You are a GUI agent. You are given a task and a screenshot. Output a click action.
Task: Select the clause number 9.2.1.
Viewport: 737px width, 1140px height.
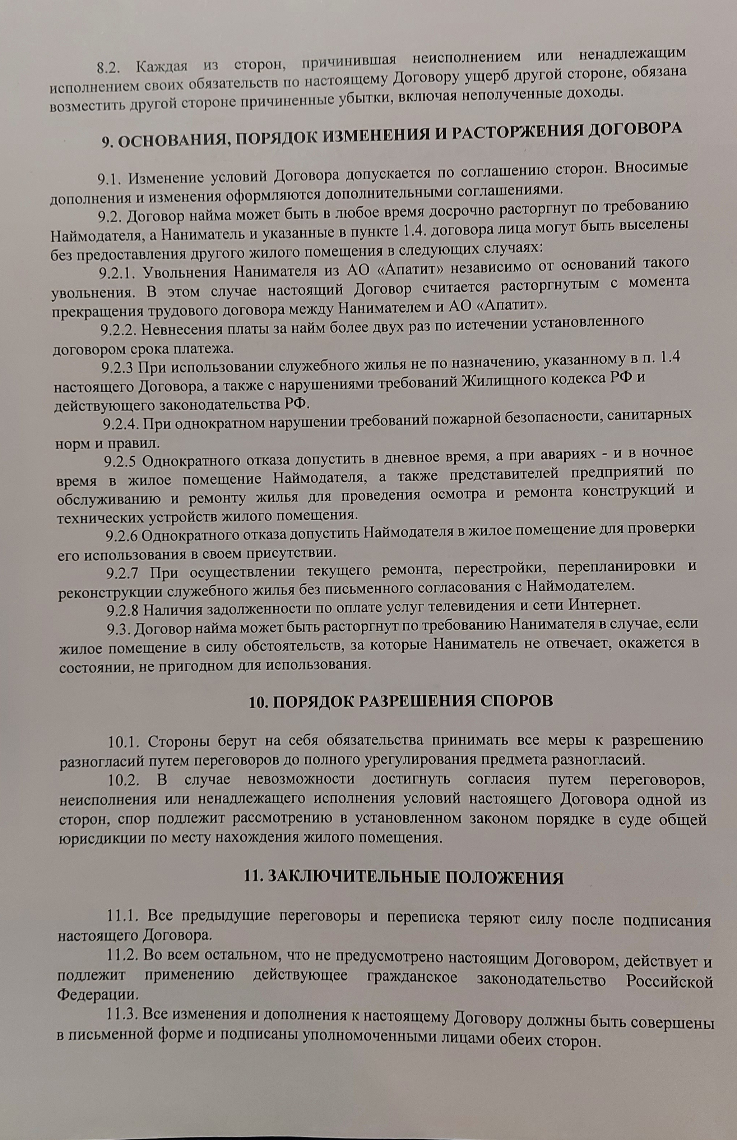(117, 272)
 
